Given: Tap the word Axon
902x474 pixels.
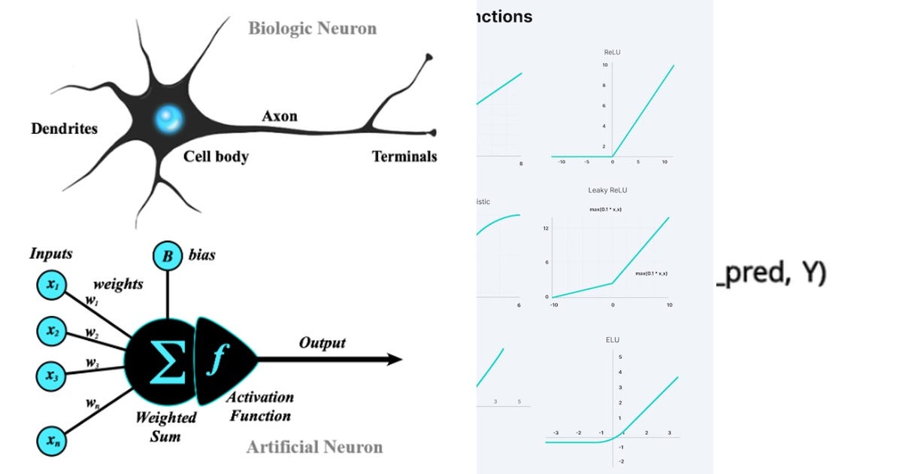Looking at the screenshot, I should pos(280,116).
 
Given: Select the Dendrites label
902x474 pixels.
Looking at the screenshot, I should pos(64,129).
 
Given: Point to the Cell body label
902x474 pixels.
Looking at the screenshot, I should pos(216,156).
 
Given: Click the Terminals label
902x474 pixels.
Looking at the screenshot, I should pos(404,156).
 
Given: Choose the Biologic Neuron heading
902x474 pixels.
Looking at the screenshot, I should pos(312,29).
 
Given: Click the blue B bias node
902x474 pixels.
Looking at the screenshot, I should pos(167,257).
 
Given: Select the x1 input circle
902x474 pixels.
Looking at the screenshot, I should pos(52,285).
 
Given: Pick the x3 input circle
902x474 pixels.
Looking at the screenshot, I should pos(52,374).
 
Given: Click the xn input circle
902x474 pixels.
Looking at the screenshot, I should pos(52,441).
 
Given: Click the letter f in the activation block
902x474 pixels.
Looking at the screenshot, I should pos(215,360).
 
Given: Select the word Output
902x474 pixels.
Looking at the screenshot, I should pos(322,343).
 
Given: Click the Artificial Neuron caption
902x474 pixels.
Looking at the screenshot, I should pos(314,448).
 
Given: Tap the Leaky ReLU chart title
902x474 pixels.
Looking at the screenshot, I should pos(608,191).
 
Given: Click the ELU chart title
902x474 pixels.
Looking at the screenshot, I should pos(613,340).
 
